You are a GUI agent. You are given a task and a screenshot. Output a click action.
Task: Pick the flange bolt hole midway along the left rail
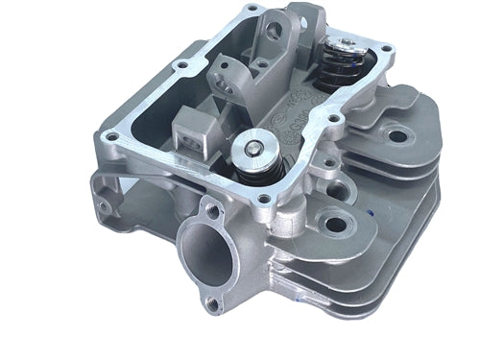click(178, 65)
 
